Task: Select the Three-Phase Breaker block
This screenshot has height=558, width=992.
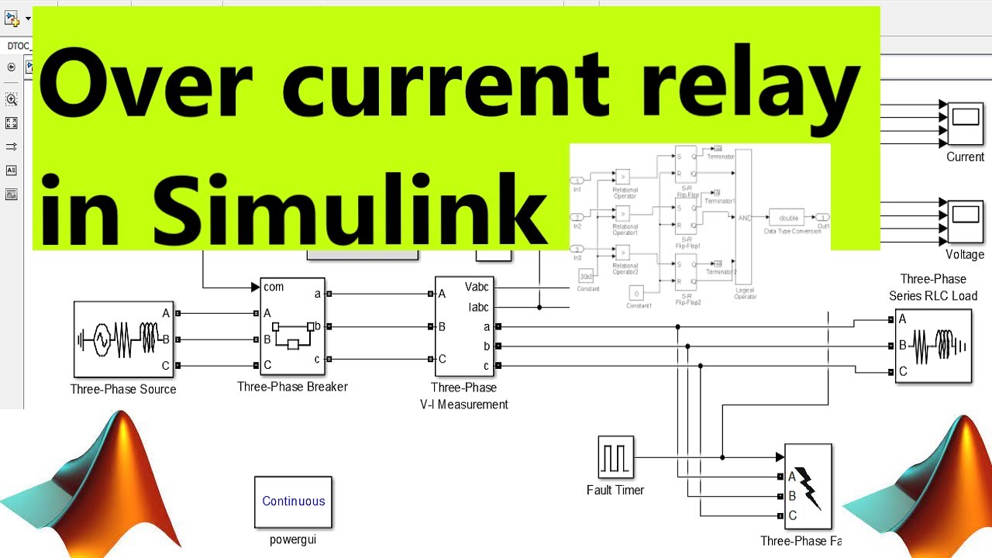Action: (292, 326)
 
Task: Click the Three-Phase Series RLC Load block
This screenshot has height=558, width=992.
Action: (933, 346)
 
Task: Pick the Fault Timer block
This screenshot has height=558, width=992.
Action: (616, 457)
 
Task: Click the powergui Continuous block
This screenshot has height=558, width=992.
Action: (293, 501)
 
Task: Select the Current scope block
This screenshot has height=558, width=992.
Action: (965, 122)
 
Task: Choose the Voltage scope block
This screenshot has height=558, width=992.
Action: (965, 219)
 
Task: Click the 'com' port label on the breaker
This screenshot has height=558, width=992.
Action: (274, 288)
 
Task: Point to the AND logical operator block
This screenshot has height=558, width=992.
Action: (743, 218)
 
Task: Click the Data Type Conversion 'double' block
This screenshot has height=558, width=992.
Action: (788, 218)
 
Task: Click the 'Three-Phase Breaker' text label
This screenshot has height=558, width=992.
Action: (292, 387)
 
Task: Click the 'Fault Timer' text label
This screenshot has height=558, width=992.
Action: (615, 490)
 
